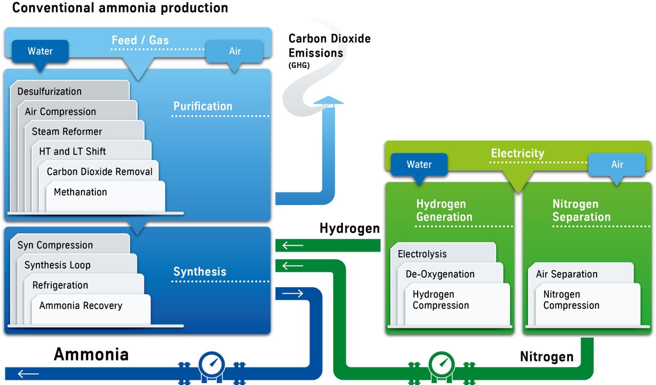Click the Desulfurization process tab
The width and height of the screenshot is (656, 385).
click(49, 92)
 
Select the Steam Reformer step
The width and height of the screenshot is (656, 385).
click(67, 132)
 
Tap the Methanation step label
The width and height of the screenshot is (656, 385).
click(80, 192)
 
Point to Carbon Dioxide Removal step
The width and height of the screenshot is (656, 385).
click(99, 172)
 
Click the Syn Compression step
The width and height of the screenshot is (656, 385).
click(55, 245)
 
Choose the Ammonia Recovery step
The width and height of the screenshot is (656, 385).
click(80, 306)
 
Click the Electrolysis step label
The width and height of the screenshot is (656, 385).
click(422, 254)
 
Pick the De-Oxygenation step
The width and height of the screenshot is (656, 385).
click(440, 274)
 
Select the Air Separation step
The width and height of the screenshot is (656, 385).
click(566, 274)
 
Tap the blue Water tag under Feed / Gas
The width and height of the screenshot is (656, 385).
click(40, 51)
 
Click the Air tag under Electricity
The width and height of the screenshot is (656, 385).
click(617, 165)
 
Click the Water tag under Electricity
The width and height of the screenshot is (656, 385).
click(419, 165)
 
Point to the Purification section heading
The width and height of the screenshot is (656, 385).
click(202, 106)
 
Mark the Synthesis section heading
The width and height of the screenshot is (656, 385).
click(199, 272)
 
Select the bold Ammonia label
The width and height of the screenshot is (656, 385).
click(91, 354)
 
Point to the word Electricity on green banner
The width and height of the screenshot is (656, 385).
click(517, 153)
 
